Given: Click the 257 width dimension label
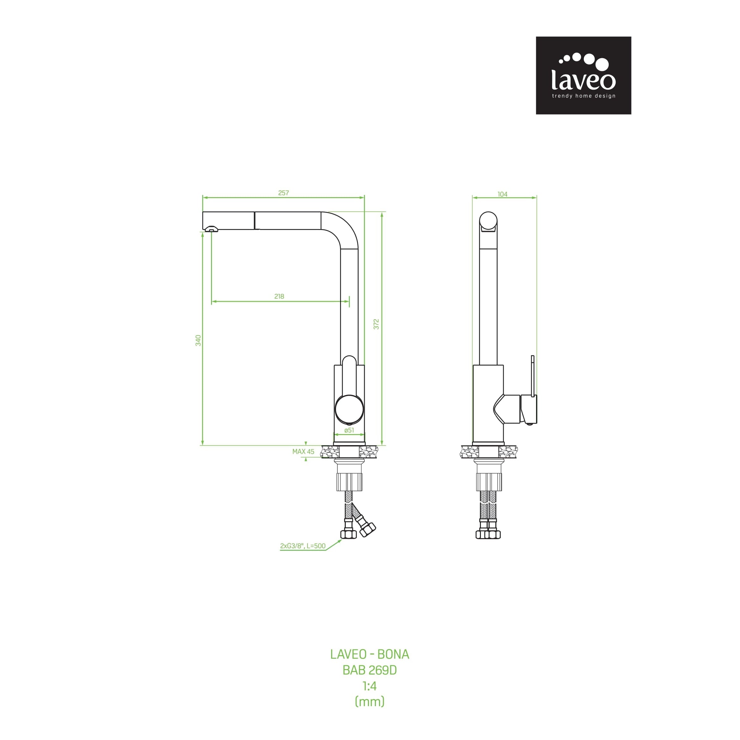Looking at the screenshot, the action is pyautogui.click(x=283, y=193).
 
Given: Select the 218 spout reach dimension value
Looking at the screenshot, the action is pyautogui.click(x=279, y=296).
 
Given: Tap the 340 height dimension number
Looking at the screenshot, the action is pyautogui.click(x=198, y=340).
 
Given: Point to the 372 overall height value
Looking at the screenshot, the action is pyautogui.click(x=376, y=324).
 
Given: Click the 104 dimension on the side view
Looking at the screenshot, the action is pyautogui.click(x=502, y=194).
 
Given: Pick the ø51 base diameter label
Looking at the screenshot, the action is pyautogui.click(x=349, y=430).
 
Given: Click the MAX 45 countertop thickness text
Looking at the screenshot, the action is pyautogui.click(x=303, y=451).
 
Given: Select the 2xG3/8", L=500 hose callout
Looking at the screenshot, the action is pyautogui.click(x=302, y=546).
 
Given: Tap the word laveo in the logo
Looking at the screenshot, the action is pyautogui.click(x=583, y=80).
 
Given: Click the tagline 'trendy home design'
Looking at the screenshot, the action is pyautogui.click(x=583, y=96).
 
